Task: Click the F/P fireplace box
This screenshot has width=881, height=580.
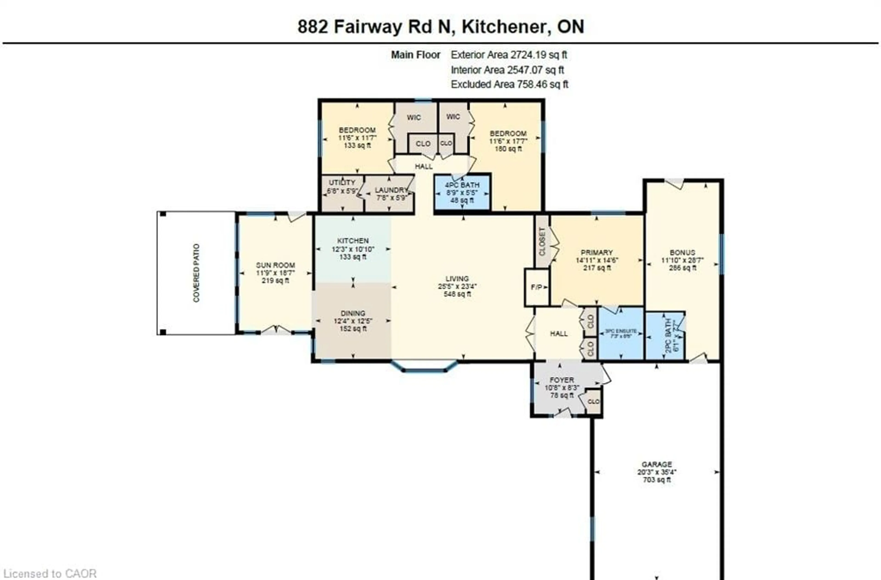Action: click(536, 287)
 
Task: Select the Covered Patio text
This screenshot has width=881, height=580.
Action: click(196, 273)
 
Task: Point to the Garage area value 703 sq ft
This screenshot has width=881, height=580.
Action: click(657, 480)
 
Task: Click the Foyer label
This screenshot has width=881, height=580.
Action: click(562, 380)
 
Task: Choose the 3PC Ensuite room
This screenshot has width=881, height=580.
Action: click(621, 333)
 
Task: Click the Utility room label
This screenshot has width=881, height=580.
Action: click(342, 182)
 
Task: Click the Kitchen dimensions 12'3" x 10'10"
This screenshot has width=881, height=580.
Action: click(353, 249)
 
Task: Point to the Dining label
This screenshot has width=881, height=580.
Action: click(353, 313)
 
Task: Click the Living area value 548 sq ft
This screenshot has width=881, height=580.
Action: click(457, 294)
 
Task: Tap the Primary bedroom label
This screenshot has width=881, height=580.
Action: click(597, 252)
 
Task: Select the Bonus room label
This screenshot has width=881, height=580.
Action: click(682, 252)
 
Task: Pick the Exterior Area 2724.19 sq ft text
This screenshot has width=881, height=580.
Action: click(508, 55)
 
